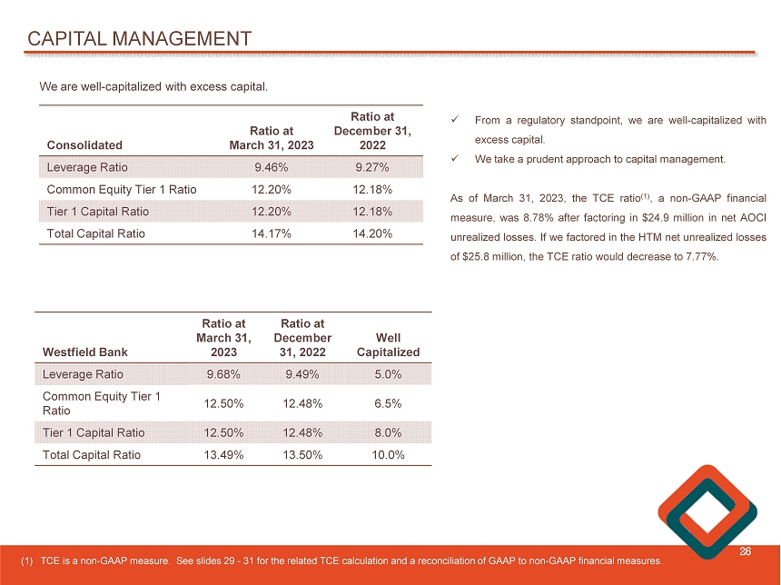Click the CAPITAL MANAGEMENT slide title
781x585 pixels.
(x=139, y=38)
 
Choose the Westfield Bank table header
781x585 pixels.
(x=85, y=352)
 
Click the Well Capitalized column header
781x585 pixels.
(x=388, y=344)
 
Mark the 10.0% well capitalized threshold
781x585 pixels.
(x=388, y=455)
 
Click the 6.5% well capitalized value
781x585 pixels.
(x=388, y=403)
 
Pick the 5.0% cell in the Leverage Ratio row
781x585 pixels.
(x=388, y=373)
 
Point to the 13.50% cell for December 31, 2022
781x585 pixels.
(x=304, y=455)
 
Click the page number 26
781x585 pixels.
(x=745, y=551)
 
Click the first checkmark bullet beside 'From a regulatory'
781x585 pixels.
(x=456, y=120)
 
